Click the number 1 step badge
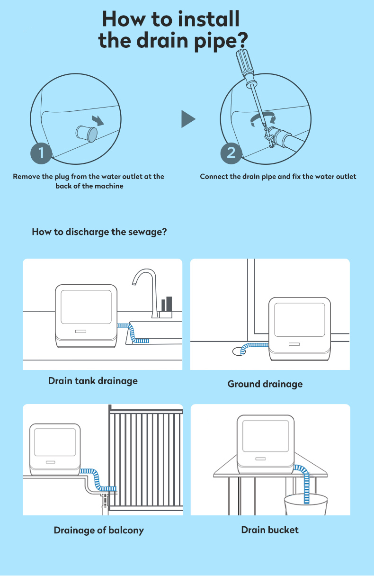click(41, 153)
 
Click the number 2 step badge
click(231, 153)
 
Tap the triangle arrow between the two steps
click(188, 119)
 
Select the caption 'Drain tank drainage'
click(93, 380)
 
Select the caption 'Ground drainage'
click(265, 384)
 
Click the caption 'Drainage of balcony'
click(98, 530)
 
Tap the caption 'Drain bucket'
click(270, 530)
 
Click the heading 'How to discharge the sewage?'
click(99, 232)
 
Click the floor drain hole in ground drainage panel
click(238, 351)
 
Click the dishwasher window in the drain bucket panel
click(265, 435)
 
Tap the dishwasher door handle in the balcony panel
click(50, 461)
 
